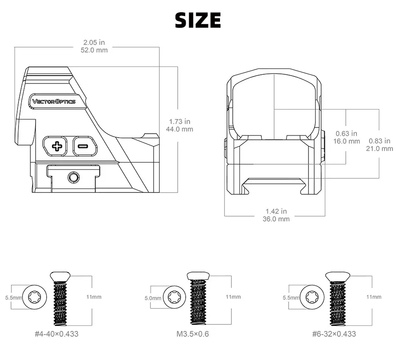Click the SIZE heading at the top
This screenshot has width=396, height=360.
pos(198,20)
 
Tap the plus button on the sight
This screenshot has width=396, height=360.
pos(55,146)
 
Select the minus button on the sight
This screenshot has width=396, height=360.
pos(85,146)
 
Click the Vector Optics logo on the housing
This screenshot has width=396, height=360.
pos(54,102)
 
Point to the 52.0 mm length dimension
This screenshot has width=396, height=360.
pos(94,50)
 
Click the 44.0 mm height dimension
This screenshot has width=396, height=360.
pos(180,129)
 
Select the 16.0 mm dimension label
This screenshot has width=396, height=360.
pos(347,141)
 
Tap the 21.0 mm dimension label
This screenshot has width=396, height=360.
pos(380,149)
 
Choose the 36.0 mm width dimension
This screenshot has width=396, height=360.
pos(276,219)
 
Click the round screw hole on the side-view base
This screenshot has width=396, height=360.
pos(73,177)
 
